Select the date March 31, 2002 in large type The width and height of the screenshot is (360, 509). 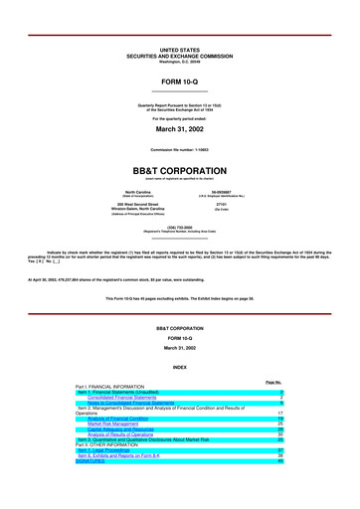click(180, 128)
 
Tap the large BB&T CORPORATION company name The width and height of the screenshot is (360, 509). click(180, 170)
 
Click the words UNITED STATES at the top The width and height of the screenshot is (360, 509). click(180, 48)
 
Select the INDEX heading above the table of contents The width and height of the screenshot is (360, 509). click(180, 367)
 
